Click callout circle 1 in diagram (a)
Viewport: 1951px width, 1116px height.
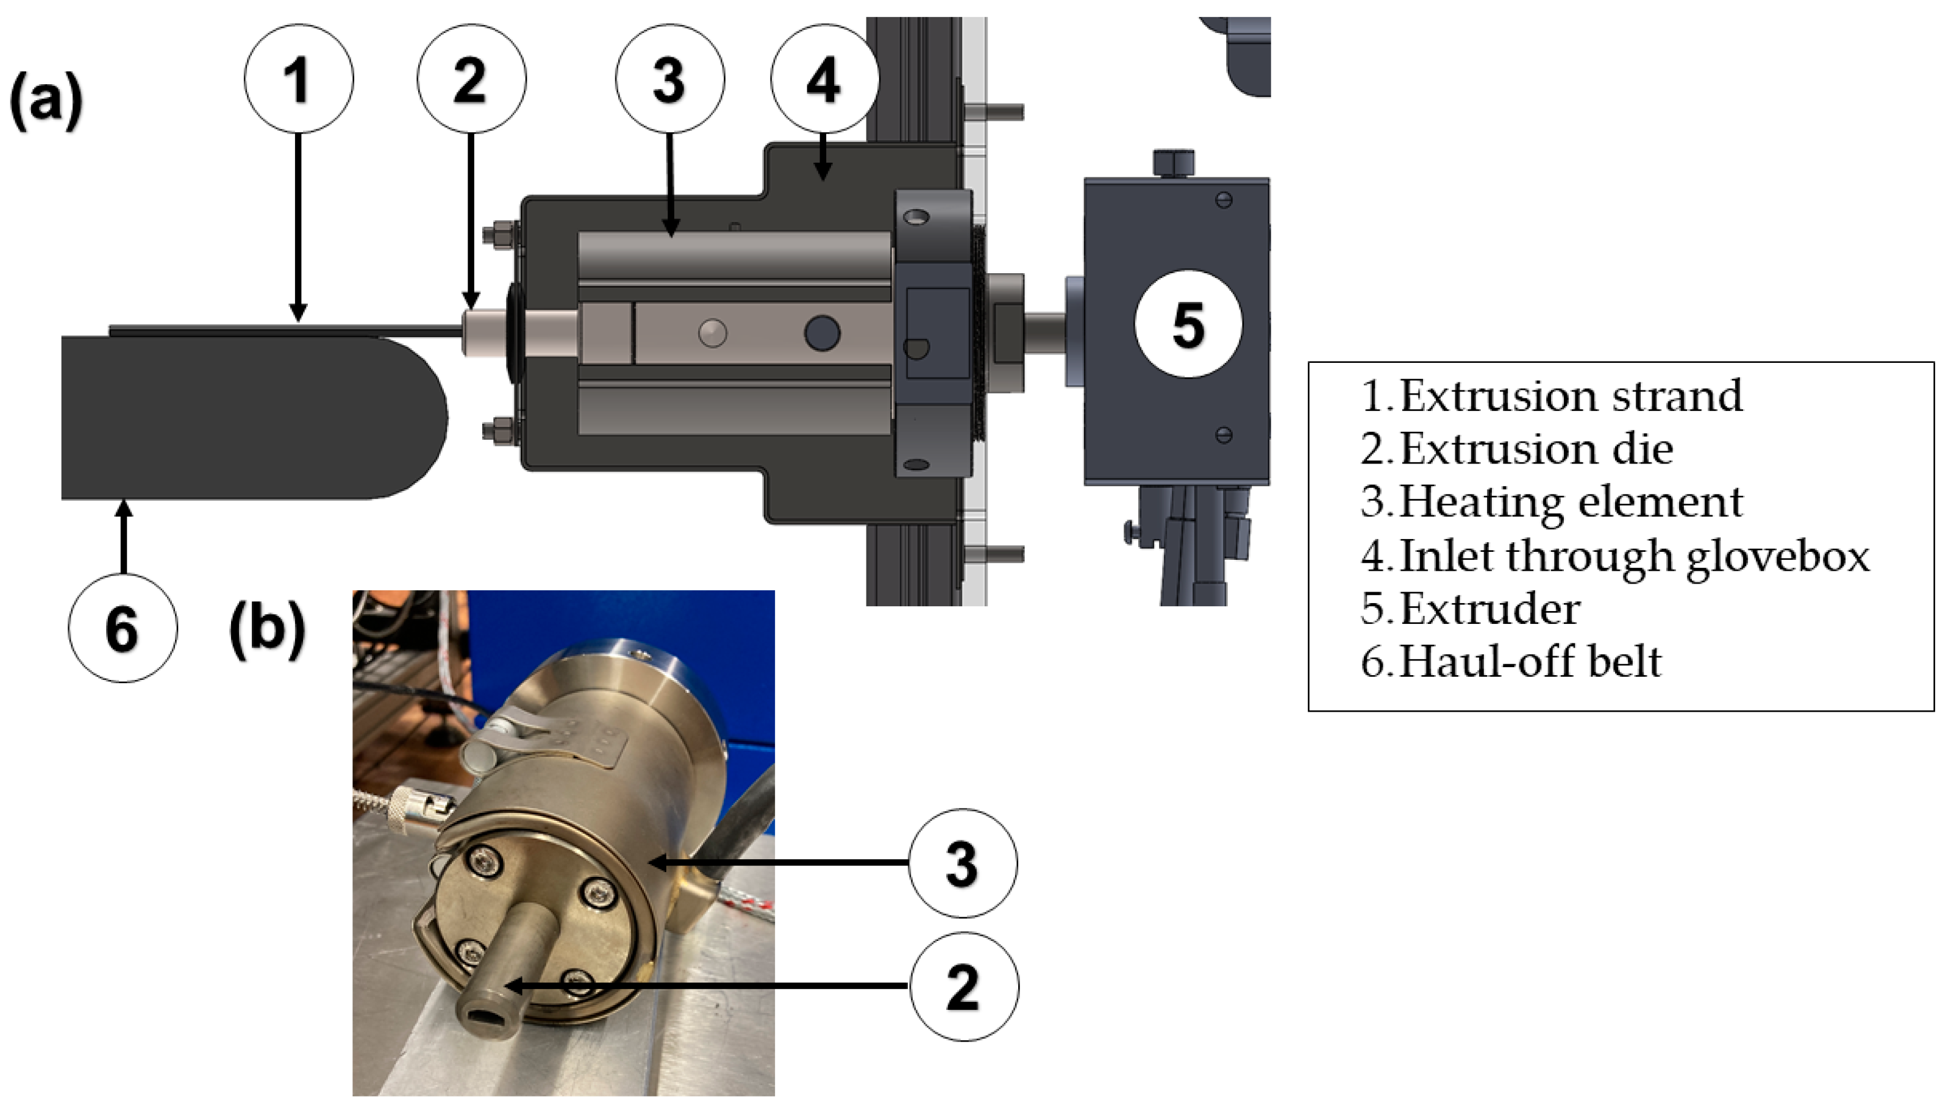pos(299,78)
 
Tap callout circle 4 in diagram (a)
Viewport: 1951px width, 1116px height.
pos(824,78)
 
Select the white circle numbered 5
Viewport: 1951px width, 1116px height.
pos(1188,323)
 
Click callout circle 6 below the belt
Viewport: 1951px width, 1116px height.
pos(123,628)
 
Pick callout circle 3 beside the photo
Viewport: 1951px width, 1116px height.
pos(963,863)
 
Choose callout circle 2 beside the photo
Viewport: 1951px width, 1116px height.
pos(964,987)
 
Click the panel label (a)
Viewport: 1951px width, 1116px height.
pos(46,101)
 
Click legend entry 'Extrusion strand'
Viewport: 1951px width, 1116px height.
pos(1551,396)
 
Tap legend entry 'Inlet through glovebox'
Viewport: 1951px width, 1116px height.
pos(1615,556)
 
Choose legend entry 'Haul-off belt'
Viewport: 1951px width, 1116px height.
pos(1511,662)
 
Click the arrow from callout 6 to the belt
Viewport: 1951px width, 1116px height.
pos(123,537)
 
